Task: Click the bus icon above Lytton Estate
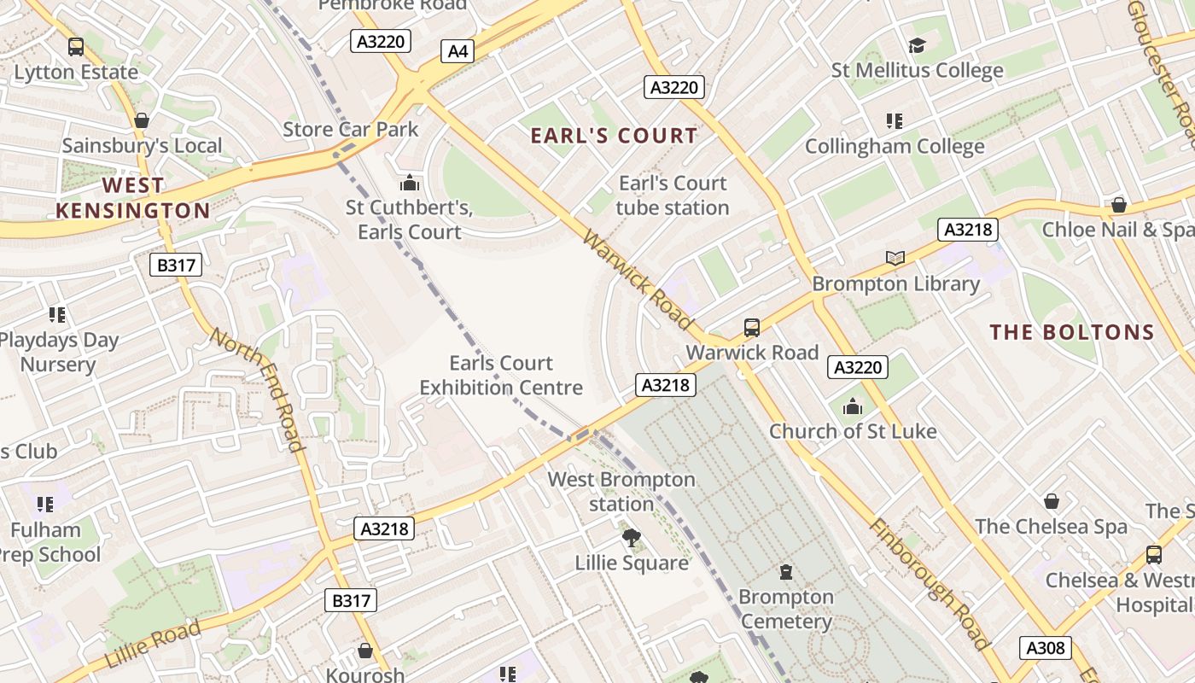(x=76, y=47)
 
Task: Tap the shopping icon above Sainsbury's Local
(x=142, y=120)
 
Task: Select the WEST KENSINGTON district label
(x=132, y=198)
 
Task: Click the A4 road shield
(x=458, y=51)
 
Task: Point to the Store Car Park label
(x=351, y=130)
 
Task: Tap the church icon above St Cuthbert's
(x=410, y=183)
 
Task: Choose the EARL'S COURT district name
(x=614, y=136)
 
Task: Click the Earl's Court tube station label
(x=673, y=196)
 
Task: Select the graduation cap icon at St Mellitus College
(x=917, y=45)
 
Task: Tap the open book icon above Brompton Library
(x=895, y=258)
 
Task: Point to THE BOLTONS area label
(x=1072, y=332)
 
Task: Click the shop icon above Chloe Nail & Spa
(x=1118, y=205)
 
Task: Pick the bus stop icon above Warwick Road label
(x=752, y=328)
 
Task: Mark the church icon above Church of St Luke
(x=853, y=406)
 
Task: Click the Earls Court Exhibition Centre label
(x=501, y=376)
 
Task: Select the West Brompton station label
(x=621, y=492)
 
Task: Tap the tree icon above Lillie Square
(x=632, y=538)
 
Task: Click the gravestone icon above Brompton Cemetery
(x=786, y=572)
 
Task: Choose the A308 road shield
(x=1046, y=648)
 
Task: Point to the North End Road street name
(x=257, y=389)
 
